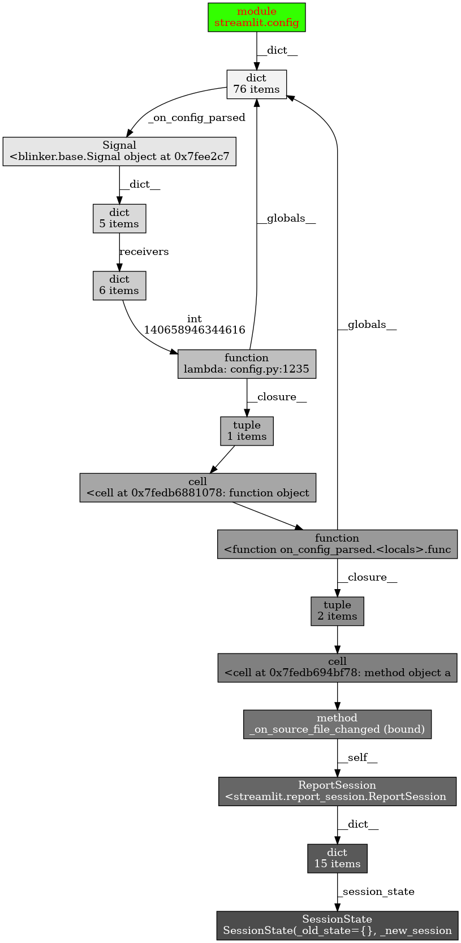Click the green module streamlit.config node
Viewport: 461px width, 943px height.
pos(257,17)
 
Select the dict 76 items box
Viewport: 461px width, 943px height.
pos(257,84)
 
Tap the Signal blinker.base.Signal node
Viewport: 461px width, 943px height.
pos(119,152)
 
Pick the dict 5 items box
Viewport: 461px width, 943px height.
pos(119,218)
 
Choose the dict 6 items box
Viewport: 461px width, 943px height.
pos(119,286)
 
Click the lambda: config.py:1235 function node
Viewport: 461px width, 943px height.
pos(247,364)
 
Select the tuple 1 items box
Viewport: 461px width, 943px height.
pos(247,431)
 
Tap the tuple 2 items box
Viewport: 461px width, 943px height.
pos(337,611)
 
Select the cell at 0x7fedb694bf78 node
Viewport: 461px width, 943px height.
pos(337,668)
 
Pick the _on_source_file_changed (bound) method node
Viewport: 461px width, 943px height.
pos(337,724)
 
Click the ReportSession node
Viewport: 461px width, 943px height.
pos(337,791)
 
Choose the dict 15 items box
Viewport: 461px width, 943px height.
pos(337,859)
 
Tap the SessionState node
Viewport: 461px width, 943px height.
pos(337,925)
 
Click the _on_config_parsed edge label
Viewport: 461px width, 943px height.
pos(196,118)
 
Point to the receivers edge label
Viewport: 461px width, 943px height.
pos(144,252)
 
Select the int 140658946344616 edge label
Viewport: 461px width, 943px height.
pos(195,325)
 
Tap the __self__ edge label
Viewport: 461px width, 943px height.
pos(357,758)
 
